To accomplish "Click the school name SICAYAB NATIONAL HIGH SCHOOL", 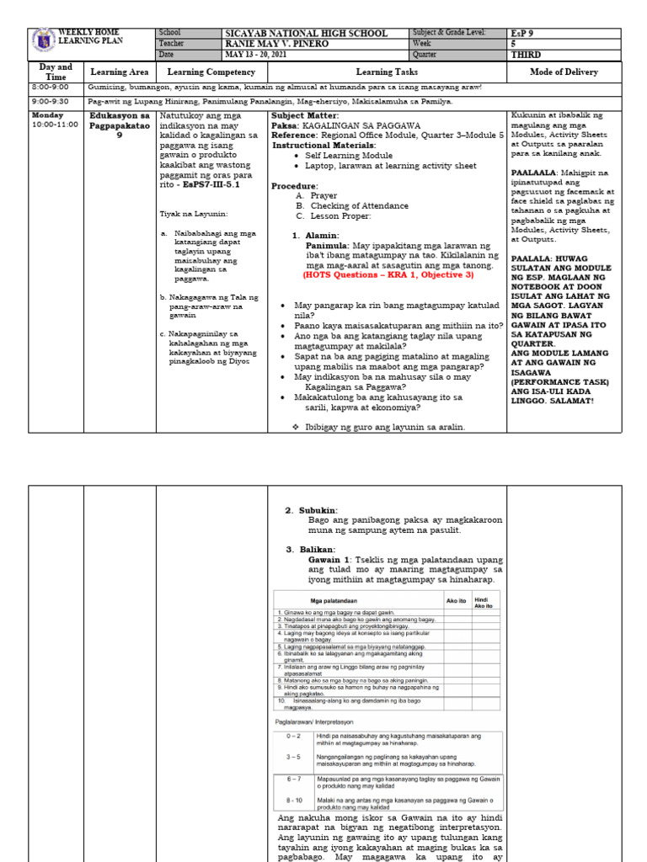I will click(x=306, y=34).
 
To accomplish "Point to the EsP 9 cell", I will click(x=527, y=33).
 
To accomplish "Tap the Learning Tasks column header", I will click(x=387, y=72).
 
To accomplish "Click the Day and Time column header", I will click(x=56, y=72).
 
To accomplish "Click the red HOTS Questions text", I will click(x=388, y=274).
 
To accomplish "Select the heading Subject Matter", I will click(x=305, y=114).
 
